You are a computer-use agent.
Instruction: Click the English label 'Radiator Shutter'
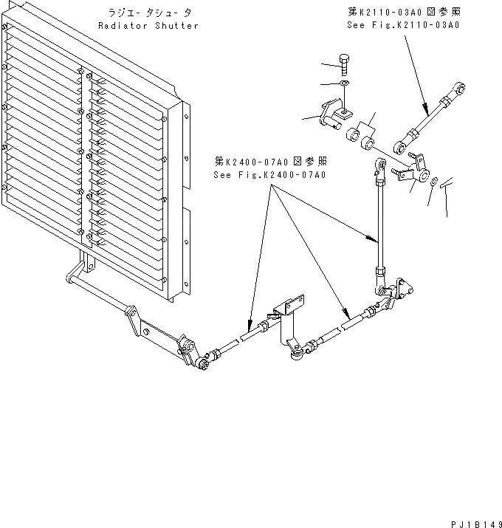pyautogui.click(x=148, y=25)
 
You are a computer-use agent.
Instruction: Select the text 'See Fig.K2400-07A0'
pyautogui.click(x=269, y=175)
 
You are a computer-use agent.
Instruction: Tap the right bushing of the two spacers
pyautogui.click(x=368, y=139)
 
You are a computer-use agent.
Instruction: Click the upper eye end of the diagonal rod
pyautogui.click(x=459, y=92)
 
